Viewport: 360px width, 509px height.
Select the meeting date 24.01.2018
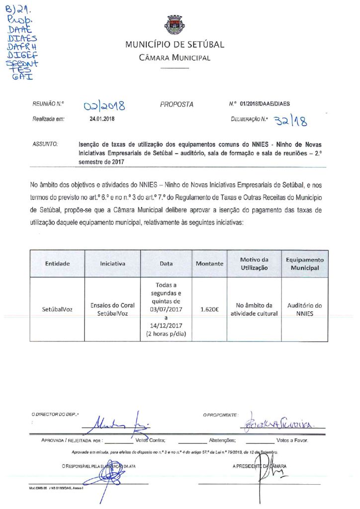[x=102, y=119]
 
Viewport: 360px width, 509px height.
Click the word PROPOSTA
[x=177, y=105]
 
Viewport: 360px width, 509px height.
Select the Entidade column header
[x=57, y=263]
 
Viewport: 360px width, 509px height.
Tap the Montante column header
[x=209, y=263]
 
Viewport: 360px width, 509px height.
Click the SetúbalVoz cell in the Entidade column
[x=57, y=309]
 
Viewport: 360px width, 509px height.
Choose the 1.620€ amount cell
[x=209, y=309]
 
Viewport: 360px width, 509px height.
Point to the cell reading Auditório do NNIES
[x=305, y=309]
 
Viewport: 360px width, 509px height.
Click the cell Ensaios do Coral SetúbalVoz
[x=113, y=309]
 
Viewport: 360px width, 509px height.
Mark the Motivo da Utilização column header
[x=254, y=263]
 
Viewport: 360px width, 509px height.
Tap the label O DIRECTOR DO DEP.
[x=55, y=414]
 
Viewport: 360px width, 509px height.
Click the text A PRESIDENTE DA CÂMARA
[x=259, y=466]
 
